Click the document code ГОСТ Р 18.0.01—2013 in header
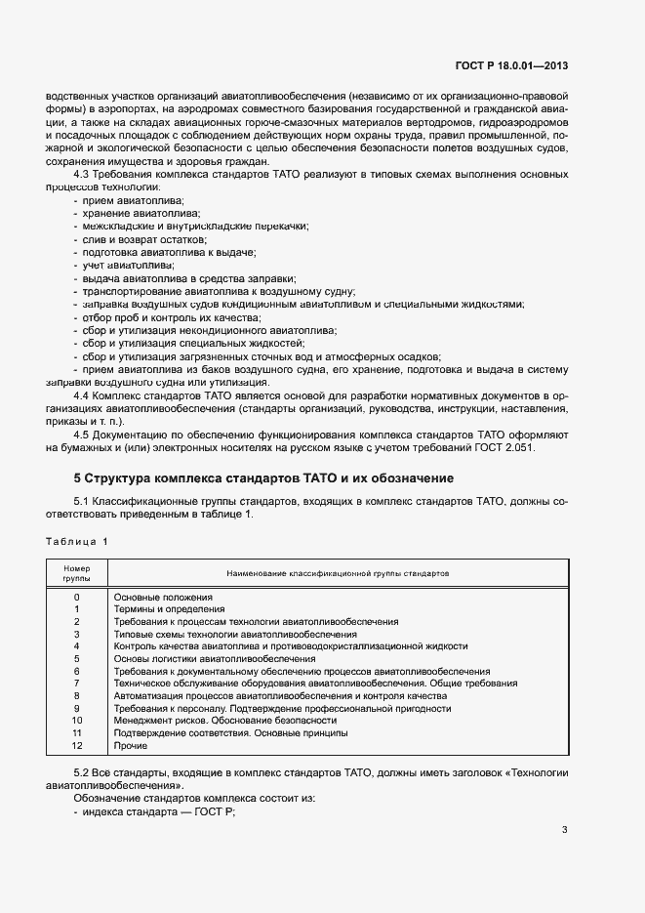pyautogui.click(x=511, y=66)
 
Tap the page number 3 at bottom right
pyautogui.click(x=565, y=831)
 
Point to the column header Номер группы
pyautogui.click(x=76, y=572)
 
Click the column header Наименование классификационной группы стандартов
pyautogui.click(x=338, y=572)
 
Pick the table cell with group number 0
pyautogui.click(x=76, y=596)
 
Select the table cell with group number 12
pyautogui.click(x=76, y=746)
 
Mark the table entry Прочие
pyautogui.click(x=131, y=746)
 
